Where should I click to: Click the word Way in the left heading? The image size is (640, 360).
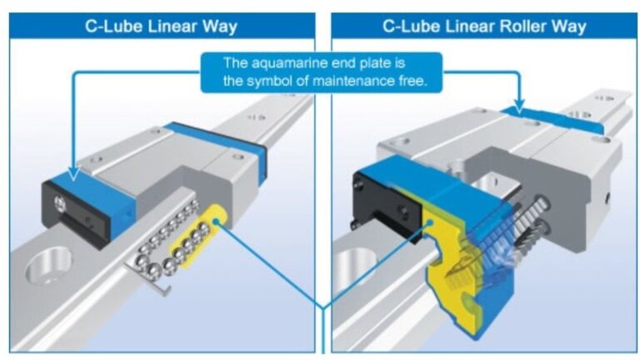(220, 26)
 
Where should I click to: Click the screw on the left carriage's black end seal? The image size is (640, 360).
(56, 200)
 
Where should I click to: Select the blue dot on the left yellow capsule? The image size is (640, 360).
(219, 222)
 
